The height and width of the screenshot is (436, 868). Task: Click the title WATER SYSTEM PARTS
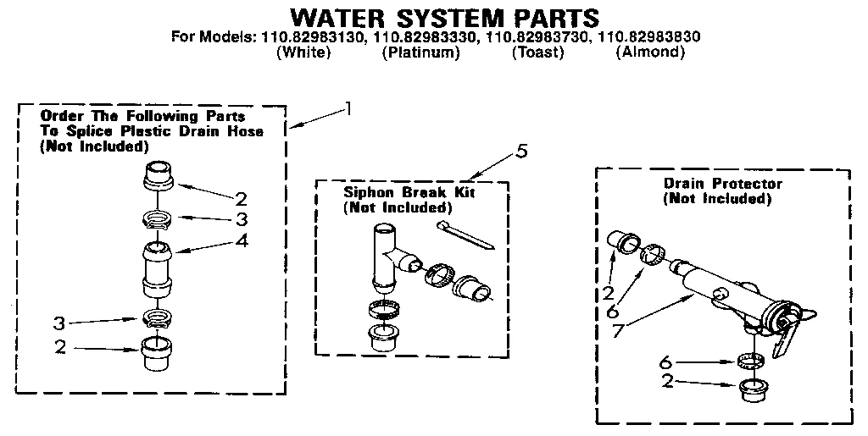(444, 18)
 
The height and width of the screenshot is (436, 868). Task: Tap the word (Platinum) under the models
(420, 52)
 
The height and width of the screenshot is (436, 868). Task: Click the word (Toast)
(537, 52)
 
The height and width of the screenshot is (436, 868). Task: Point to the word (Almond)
(650, 52)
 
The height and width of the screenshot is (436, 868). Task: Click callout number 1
(347, 108)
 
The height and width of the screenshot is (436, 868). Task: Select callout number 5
(521, 151)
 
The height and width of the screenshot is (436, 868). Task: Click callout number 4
(242, 240)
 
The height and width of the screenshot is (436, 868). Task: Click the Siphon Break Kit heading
(409, 192)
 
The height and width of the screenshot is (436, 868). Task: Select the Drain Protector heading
(722, 183)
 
